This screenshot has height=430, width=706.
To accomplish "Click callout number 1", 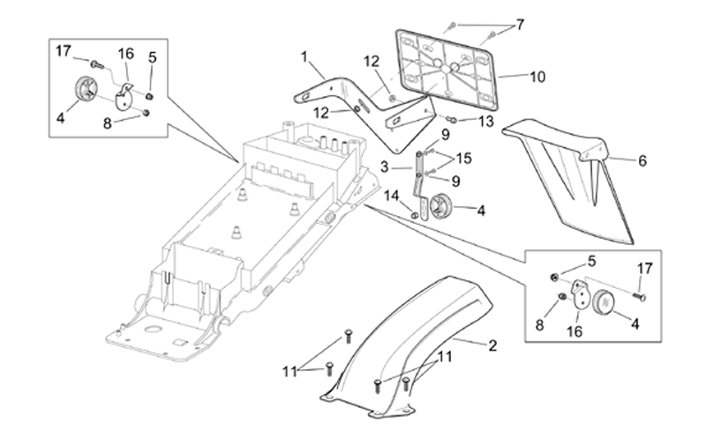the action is tap(304, 57).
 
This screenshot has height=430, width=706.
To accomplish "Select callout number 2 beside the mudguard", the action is tap(492, 345).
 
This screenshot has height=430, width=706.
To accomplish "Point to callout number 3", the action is tap(384, 167).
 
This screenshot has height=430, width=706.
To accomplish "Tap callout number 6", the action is tap(642, 160).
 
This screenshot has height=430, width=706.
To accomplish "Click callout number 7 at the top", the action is tap(520, 25).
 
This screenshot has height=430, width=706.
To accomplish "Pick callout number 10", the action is tap(537, 77).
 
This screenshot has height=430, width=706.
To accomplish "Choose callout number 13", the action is tap(486, 122).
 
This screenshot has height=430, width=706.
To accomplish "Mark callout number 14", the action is tap(391, 196).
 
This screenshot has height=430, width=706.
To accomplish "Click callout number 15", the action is tap(464, 159).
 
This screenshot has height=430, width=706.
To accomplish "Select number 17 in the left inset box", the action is tap(64, 51).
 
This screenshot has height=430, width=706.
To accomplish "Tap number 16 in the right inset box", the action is tap(575, 331).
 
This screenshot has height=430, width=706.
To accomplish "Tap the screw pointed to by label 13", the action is tap(452, 119).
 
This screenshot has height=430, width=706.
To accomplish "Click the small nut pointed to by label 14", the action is tap(414, 216).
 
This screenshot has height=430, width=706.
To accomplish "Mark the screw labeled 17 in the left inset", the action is tap(97, 65).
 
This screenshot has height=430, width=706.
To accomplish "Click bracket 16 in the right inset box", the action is tap(581, 293).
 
